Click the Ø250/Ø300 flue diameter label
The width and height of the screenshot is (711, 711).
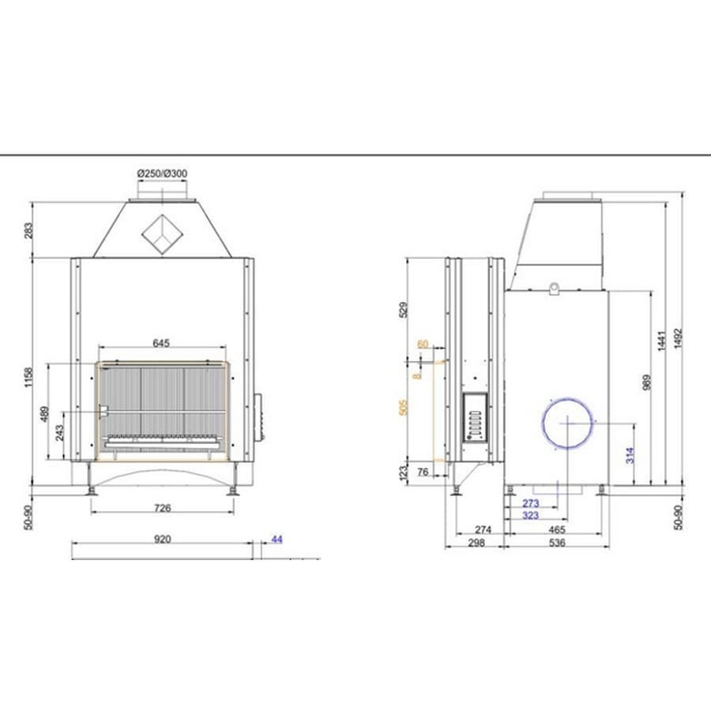(x=162, y=173)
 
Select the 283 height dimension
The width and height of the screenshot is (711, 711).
(x=28, y=231)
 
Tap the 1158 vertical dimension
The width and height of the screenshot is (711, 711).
(x=28, y=378)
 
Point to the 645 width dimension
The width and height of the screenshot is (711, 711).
(x=161, y=343)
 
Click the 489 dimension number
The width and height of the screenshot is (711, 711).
(x=44, y=413)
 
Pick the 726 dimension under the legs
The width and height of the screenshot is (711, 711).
(x=162, y=508)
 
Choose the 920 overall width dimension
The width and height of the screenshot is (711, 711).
(x=162, y=539)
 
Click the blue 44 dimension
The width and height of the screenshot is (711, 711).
(x=276, y=539)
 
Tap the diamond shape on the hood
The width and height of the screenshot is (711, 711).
(x=162, y=235)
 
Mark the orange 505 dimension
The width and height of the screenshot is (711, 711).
(x=403, y=407)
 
